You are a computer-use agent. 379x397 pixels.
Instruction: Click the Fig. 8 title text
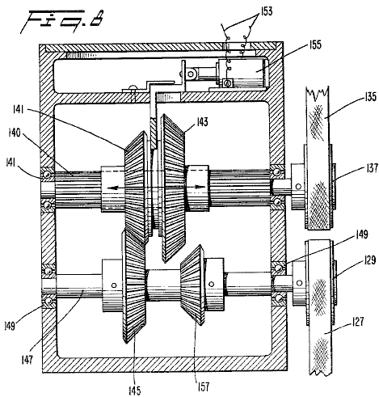(61, 21)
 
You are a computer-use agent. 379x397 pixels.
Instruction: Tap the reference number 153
(266, 11)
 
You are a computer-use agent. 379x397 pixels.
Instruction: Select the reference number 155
(315, 44)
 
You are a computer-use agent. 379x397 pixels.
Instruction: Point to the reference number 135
(370, 97)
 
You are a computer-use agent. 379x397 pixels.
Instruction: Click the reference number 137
(372, 168)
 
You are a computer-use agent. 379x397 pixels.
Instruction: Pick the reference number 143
(202, 122)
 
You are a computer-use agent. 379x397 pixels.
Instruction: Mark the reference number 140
(15, 133)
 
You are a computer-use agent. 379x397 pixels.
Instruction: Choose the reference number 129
(369, 260)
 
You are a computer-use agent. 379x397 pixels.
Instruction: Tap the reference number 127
(358, 322)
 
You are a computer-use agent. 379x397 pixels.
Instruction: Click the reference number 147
(27, 359)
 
